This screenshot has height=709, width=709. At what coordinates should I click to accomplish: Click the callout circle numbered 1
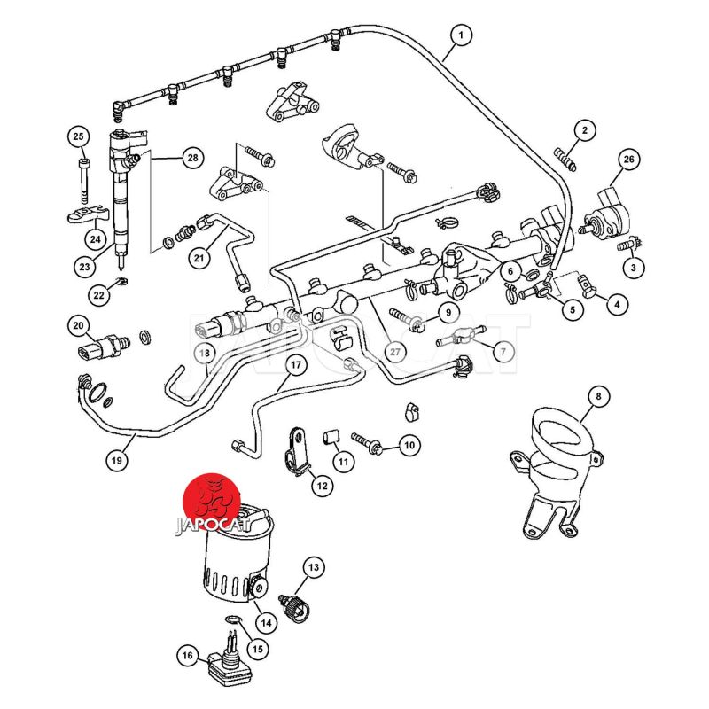point(460,35)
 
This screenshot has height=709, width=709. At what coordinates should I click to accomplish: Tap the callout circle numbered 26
point(628,160)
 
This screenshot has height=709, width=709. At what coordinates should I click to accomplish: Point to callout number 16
point(187,656)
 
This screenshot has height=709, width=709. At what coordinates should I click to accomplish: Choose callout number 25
point(78,136)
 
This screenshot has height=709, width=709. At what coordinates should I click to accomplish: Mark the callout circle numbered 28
point(191,159)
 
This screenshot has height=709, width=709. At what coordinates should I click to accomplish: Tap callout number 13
point(313,565)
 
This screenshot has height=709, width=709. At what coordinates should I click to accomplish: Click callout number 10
point(408,446)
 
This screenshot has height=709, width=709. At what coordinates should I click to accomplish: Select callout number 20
point(79,326)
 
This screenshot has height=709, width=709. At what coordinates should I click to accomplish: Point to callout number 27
point(396,351)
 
